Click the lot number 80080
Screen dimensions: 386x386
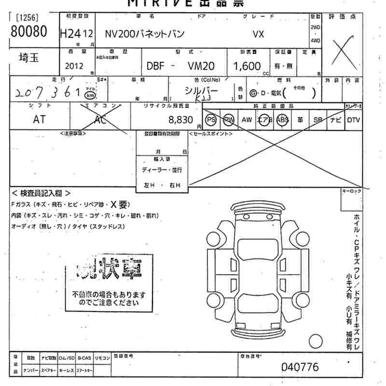point(28,32)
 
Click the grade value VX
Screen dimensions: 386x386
point(259,34)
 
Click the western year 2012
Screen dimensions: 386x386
point(73,66)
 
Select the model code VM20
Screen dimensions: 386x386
point(201,66)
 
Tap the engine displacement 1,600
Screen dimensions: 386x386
point(247,66)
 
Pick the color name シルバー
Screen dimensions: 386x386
point(201,90)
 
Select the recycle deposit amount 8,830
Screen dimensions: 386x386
point(180,119)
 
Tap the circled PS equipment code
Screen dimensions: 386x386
point(211,120)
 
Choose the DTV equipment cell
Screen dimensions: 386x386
point(354,120)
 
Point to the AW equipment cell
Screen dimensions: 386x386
point(247,120)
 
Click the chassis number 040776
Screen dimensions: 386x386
point(300,367)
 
